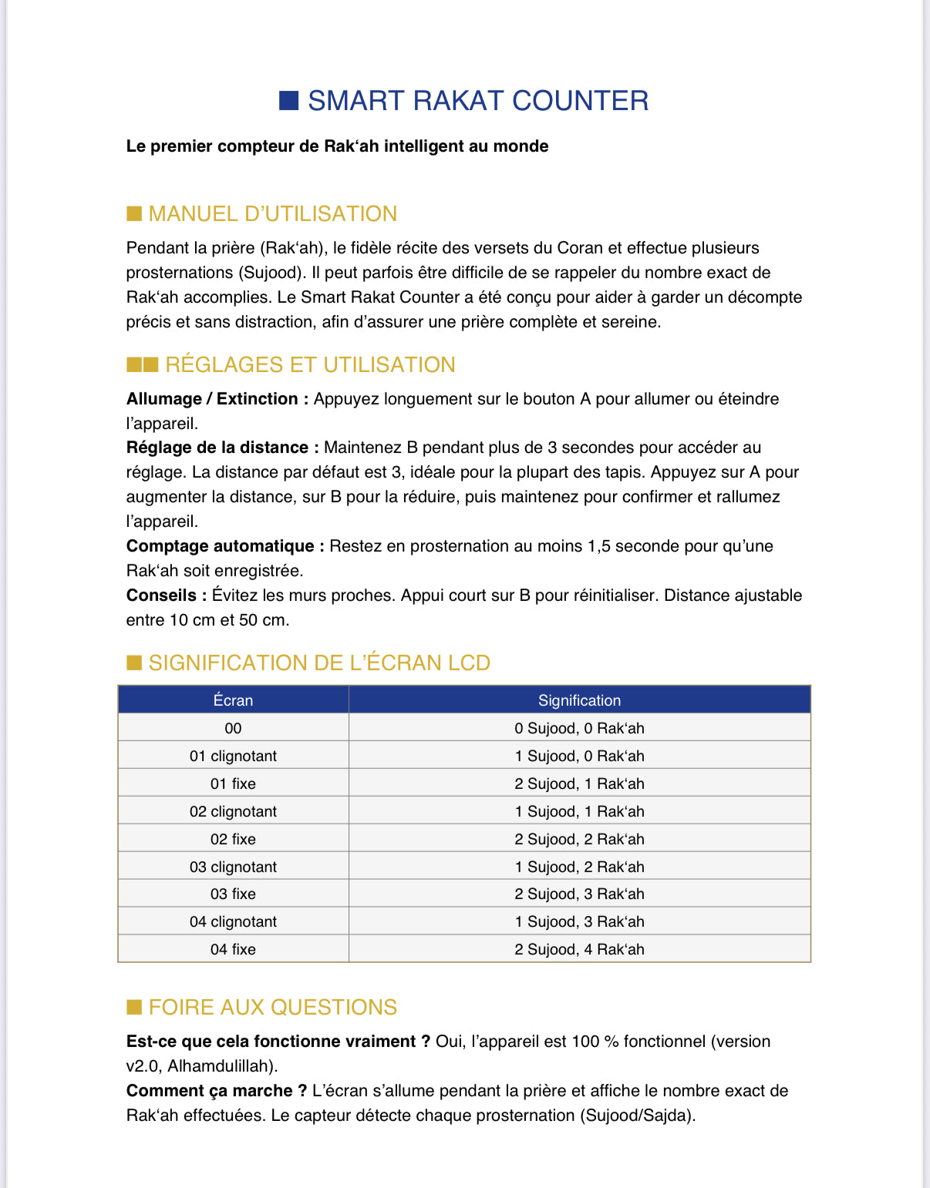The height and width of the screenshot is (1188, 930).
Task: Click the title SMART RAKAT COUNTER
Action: point(477,101)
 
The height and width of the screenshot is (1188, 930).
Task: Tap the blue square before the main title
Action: point(289,101)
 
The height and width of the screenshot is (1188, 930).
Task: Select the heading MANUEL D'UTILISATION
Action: point(272,213)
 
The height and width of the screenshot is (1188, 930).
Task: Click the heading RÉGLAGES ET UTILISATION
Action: point(310,364)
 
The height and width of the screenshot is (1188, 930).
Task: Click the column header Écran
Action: point(233,700)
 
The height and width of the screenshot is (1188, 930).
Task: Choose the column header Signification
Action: point(579,700)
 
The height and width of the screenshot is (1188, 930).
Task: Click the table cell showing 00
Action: point(233,728)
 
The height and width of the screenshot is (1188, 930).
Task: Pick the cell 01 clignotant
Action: point(233,756)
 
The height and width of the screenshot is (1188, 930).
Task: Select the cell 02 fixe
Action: point(233,839)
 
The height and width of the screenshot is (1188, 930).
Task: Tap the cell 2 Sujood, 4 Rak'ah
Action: point(579,949)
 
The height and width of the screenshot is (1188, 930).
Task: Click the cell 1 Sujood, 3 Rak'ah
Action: point(579,921)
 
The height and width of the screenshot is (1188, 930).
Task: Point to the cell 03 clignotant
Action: point(233,867)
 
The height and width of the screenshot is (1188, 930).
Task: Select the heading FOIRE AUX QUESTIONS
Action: point(272,1007)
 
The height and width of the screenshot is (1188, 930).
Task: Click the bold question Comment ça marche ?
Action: point(217,1091)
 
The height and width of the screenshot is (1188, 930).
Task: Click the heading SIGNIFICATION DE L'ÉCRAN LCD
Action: point(319,663)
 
